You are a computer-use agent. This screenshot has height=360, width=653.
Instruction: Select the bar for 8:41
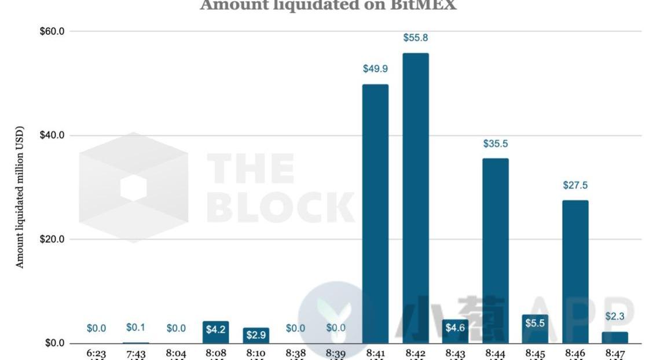click(375, 214)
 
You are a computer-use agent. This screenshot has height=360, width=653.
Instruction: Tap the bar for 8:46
click(575, 271)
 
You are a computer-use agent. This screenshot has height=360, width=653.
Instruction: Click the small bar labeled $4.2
click(215, 332)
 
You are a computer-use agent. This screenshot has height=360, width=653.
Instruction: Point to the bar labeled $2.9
click(255, 335)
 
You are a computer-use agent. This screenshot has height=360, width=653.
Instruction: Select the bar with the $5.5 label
click(535, 329)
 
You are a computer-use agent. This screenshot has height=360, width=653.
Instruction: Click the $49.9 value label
click(375, 69)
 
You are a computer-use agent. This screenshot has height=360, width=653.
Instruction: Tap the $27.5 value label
click(575, 185)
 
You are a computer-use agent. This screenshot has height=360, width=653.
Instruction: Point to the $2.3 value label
click(615, 317)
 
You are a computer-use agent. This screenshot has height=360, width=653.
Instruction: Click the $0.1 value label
click(135, 328)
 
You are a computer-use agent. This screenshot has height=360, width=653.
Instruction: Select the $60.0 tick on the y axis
click(52, 31)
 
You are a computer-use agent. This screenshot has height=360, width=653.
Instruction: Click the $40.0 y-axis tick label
click(52, 135)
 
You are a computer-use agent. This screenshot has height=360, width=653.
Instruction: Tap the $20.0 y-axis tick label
click(52, 239)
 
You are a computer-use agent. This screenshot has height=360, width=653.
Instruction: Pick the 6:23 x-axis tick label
click(96, 353)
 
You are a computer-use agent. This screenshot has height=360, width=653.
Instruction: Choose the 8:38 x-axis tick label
click(295, 353)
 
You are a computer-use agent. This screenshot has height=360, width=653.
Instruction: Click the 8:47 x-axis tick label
click(615, 353)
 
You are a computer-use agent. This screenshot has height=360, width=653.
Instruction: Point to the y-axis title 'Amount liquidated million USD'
click(20, 197)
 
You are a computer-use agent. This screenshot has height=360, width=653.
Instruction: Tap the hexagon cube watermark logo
click(133, 187)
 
